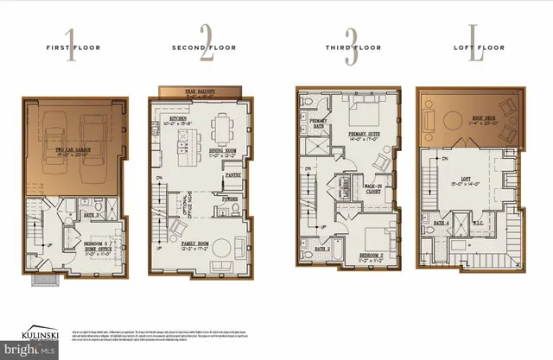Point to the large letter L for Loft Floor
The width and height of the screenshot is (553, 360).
click(x=474, y=48)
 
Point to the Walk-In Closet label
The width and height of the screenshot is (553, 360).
click(x=372, y=186)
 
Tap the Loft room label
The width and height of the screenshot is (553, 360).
click(x=469, y=181)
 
